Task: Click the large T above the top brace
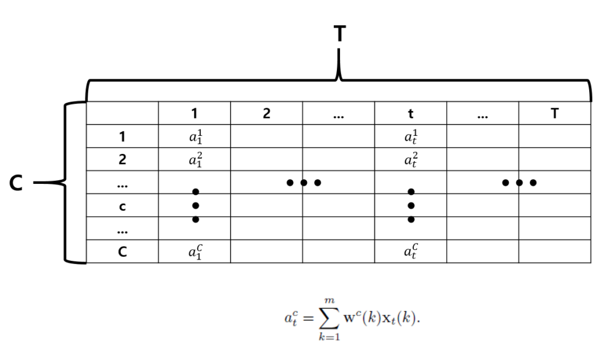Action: click(340, 34)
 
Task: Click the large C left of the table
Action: click(16, 183)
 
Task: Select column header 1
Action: click(194, 114)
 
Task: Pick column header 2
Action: click(266, 114)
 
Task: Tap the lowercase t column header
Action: click(410, 114)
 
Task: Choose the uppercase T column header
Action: click(554, 114)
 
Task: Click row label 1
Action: click(122, 136)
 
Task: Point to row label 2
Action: click(122, 159)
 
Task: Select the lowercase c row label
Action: click(122, 207)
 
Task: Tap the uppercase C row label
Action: click(122, 251)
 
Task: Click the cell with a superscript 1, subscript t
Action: click(411, 136)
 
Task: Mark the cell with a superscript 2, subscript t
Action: click(411, 159)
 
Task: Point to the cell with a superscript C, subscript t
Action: click(411, 251)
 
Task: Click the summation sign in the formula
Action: click(329, 317)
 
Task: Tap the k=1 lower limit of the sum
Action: click(329, 337)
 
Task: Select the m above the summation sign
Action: click(330, 301)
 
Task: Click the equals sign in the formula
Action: click(308, 318)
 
